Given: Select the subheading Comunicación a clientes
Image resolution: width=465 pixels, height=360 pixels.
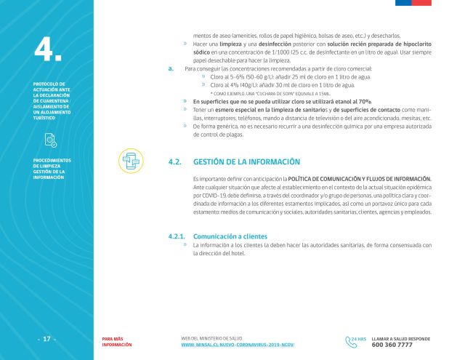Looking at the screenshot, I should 230,236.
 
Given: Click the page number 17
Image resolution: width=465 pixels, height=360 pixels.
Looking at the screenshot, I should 46,339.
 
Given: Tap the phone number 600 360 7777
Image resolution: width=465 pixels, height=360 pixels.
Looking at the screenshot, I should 392,344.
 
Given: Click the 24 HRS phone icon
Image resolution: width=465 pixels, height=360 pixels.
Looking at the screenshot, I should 355,340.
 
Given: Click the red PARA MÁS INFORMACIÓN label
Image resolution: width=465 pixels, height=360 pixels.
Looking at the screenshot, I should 117,341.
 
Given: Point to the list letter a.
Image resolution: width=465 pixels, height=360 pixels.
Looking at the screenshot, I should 169,69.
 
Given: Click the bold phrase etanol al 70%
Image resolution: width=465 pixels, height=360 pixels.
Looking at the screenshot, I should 351,101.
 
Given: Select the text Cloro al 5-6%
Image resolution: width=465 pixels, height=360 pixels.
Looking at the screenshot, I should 230,77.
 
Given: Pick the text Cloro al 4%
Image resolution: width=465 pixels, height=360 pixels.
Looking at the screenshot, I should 227,85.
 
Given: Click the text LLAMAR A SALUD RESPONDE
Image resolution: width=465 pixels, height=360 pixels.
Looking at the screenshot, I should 400,337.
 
